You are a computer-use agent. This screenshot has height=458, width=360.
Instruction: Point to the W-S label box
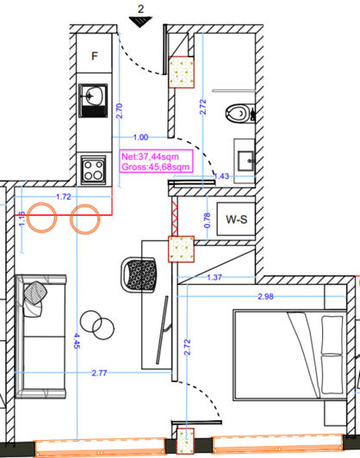pyautogui.click(x=236, y=220)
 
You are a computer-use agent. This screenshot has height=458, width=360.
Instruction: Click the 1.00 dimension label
pyautogui.click(x=141, y=137)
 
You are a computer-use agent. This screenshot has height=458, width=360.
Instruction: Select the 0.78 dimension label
pyautogui.click(x=207, y=220)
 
